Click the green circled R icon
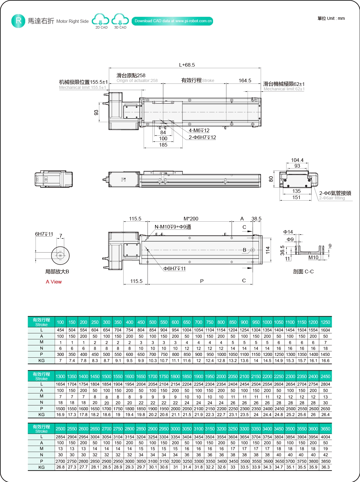(x=18, y=21)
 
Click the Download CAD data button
(x=172, y=21)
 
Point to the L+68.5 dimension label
(x=187, y=65)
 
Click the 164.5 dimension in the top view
(x=245, y=80)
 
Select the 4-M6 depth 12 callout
(x=199, y=130)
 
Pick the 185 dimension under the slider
(x=163, y=145)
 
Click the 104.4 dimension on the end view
(x=297, y=160)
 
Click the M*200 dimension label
(x=191, y=219)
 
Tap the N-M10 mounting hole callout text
(x=173, y=227)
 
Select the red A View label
(x=54, y=282)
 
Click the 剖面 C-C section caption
(x=303, y=271)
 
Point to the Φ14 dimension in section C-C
(x=288, y=232)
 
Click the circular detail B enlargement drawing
(x=60, y=256)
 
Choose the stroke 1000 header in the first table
(x=267, y=322)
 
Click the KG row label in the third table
(x=41, y=467)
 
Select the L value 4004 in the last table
(x=325, y=437)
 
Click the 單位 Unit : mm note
(x=331, y=18)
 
